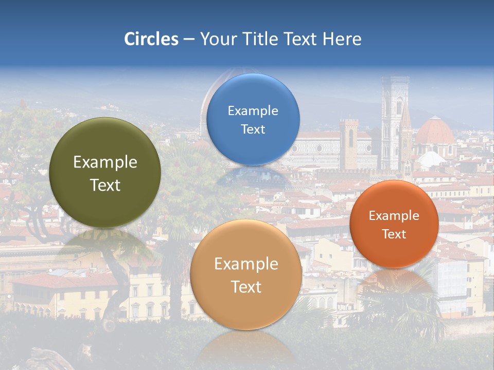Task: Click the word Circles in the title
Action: pyautogui.click(x=151, y=39)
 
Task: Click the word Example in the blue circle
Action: pyautogui.click(x=253, y=110)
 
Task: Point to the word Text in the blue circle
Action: pyautogui.click(x=253, y=129)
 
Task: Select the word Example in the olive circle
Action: pyautogui.click(x=105, y=162)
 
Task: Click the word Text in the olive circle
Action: pyautogui.click(x=105, y=185)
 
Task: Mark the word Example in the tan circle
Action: pyautogui.click(x=246, y=264)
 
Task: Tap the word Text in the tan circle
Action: pyautogui.click(x=246, y=287)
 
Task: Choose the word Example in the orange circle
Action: pyautogui.click(x=394, y=215)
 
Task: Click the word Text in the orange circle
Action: pyautogui.click(x=394, y=234)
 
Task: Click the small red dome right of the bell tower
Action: pyautogui.click(x=435, y=132)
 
